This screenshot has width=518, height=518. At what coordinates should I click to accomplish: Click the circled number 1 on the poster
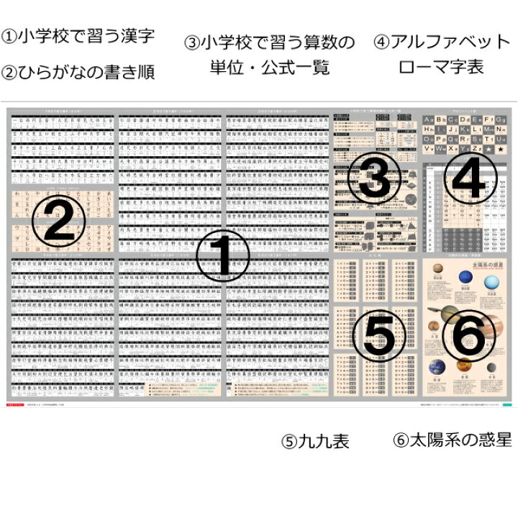tap(222, 256)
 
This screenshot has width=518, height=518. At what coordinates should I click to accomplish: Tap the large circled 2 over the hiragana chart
tap(60, 221)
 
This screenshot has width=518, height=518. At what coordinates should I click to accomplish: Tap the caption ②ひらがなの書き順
tap(79, 72)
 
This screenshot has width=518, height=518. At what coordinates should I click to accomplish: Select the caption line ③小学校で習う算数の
tap(270, 42)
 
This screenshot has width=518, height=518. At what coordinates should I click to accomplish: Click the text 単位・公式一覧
tap(270, 68)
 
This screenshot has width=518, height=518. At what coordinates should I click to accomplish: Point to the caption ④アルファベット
tap(442, 41)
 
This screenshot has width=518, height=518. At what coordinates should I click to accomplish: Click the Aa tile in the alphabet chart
tap(430, 119)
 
